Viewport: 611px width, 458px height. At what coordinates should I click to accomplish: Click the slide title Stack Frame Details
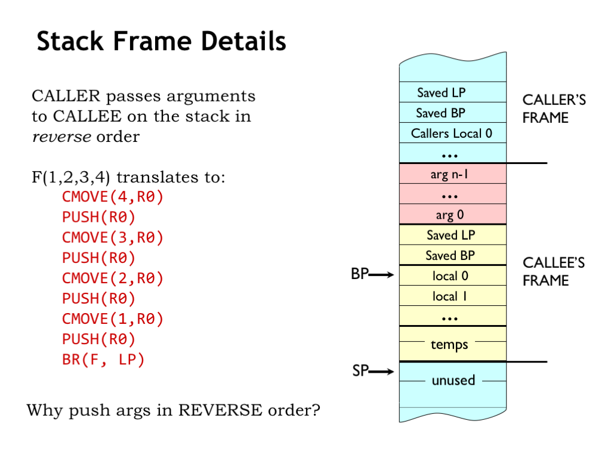click(161, 42)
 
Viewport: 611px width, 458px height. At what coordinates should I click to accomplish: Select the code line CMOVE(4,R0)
click(113, 197)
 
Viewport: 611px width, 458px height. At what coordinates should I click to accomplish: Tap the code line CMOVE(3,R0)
click(113, 237)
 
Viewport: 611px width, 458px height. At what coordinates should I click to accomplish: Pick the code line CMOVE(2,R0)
click(113, 278)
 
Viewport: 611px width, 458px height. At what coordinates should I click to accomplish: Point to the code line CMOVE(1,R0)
click(113, 318)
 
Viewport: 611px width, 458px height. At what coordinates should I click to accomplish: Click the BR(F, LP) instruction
click(103, 360)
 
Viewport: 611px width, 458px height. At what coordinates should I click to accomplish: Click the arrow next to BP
click(382, 275)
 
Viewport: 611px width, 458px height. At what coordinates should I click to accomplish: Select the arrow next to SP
click(382, 372)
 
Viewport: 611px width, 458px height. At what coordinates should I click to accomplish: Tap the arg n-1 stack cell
click(452, 175)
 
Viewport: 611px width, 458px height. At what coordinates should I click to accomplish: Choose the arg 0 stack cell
click(452, 215)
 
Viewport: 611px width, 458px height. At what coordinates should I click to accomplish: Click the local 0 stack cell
click(452, 276)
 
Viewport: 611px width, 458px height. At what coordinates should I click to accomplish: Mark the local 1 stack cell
click(452, 296)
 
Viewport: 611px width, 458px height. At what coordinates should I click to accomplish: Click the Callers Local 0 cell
click(452, 133)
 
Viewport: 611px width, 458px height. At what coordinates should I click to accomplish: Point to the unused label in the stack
click(453, 380)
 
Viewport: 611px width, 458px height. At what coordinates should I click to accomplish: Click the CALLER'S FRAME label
click(554, 109)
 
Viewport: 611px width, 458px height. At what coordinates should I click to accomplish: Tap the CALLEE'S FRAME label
click(554, 271)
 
